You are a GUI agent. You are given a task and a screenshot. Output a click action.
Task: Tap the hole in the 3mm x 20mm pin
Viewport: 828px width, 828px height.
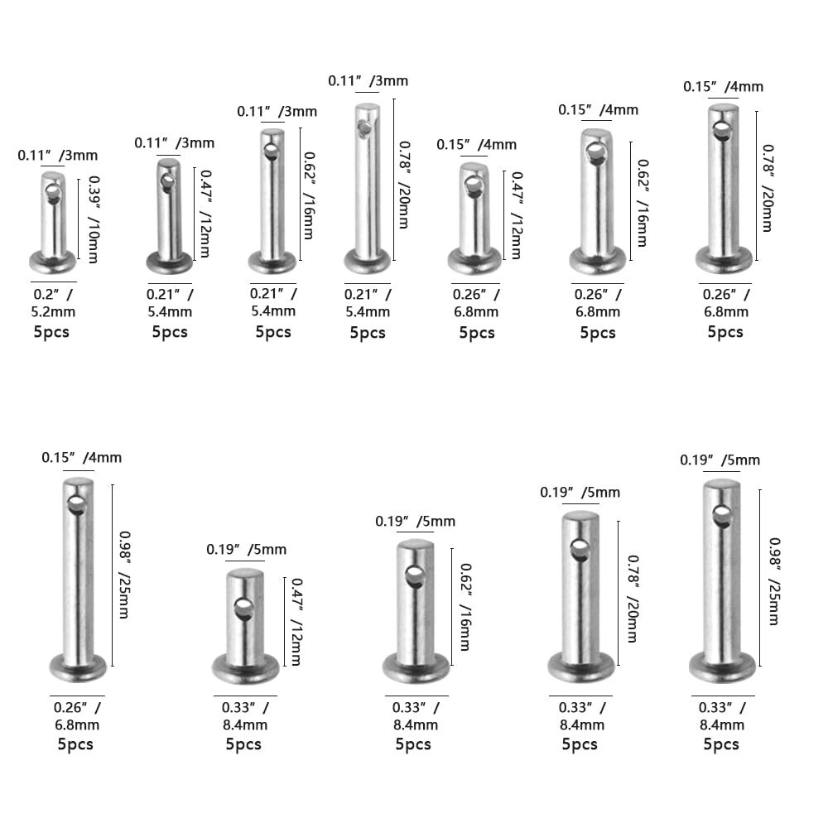pos(362,128)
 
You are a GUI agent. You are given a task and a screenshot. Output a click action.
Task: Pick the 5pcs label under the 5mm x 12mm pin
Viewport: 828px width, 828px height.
pos(243,744)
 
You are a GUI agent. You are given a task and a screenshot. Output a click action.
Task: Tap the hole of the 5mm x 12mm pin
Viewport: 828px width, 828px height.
pos(243,609)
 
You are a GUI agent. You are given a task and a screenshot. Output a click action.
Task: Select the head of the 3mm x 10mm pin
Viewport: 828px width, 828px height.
pos(53,263)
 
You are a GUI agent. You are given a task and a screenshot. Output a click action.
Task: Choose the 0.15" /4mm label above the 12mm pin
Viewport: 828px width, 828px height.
pos(476,145)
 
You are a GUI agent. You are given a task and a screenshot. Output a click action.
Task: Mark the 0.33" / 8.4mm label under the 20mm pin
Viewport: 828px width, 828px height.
pos(580,716)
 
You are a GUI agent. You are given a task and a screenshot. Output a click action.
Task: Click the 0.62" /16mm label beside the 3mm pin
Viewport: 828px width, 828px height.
pos(308,195)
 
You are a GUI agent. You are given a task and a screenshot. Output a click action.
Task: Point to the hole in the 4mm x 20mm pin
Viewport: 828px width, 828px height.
pos(722,130)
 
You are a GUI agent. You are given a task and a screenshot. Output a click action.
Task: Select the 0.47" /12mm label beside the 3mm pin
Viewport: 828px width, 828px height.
pos(203,214)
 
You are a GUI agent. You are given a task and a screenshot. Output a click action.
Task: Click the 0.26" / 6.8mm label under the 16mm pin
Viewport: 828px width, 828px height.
pos(597,303)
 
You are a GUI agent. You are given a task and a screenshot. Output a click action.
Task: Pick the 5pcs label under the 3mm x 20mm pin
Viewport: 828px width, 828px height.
pos(368,332)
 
